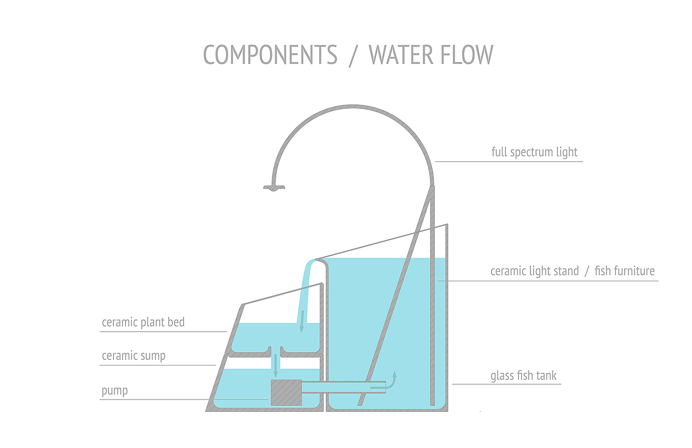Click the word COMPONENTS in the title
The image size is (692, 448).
[270, 55]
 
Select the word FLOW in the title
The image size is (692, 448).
[467, 55]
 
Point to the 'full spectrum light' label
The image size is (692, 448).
[534, 152]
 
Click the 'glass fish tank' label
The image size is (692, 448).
[523, 376]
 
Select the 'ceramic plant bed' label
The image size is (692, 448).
[143, 322]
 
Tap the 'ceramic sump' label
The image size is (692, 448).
[133, 356]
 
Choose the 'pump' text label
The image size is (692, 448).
[115, 391]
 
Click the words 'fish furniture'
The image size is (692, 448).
[624, 271]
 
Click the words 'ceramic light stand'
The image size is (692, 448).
[534, 271]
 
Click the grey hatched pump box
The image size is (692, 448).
[286, 393]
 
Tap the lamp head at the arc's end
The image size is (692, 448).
[274, 187]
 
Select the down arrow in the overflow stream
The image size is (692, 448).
[302, 321]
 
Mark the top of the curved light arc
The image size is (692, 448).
[353, 107]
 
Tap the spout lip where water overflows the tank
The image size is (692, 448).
[320, 260]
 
